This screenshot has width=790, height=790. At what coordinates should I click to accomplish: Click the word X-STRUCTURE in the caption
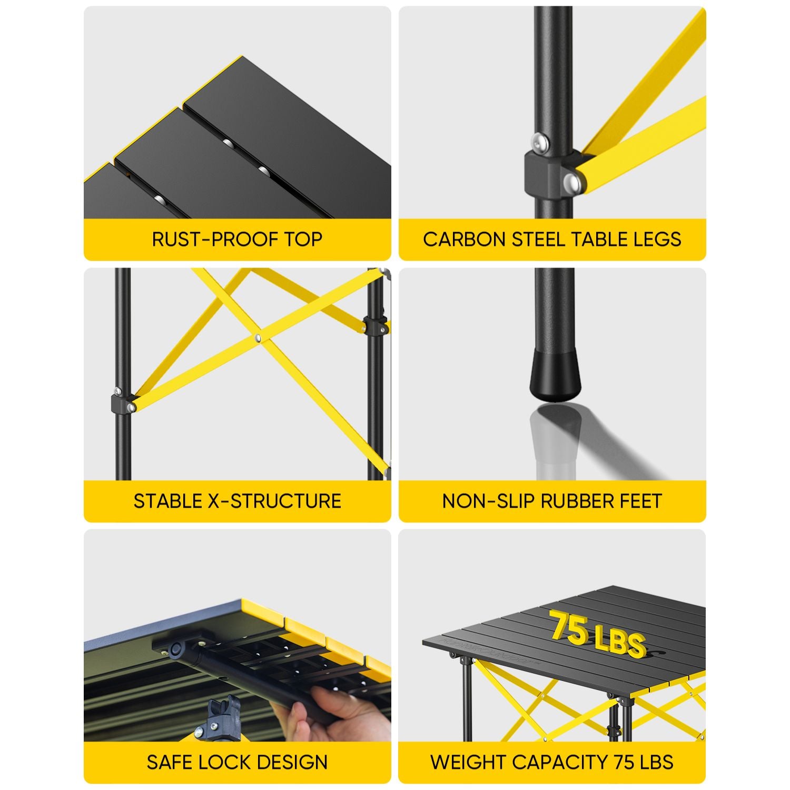[274, 501]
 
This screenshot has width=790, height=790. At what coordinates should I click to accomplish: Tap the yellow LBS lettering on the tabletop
[620, 641]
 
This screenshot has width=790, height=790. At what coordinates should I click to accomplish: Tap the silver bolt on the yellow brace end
[573, 182]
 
